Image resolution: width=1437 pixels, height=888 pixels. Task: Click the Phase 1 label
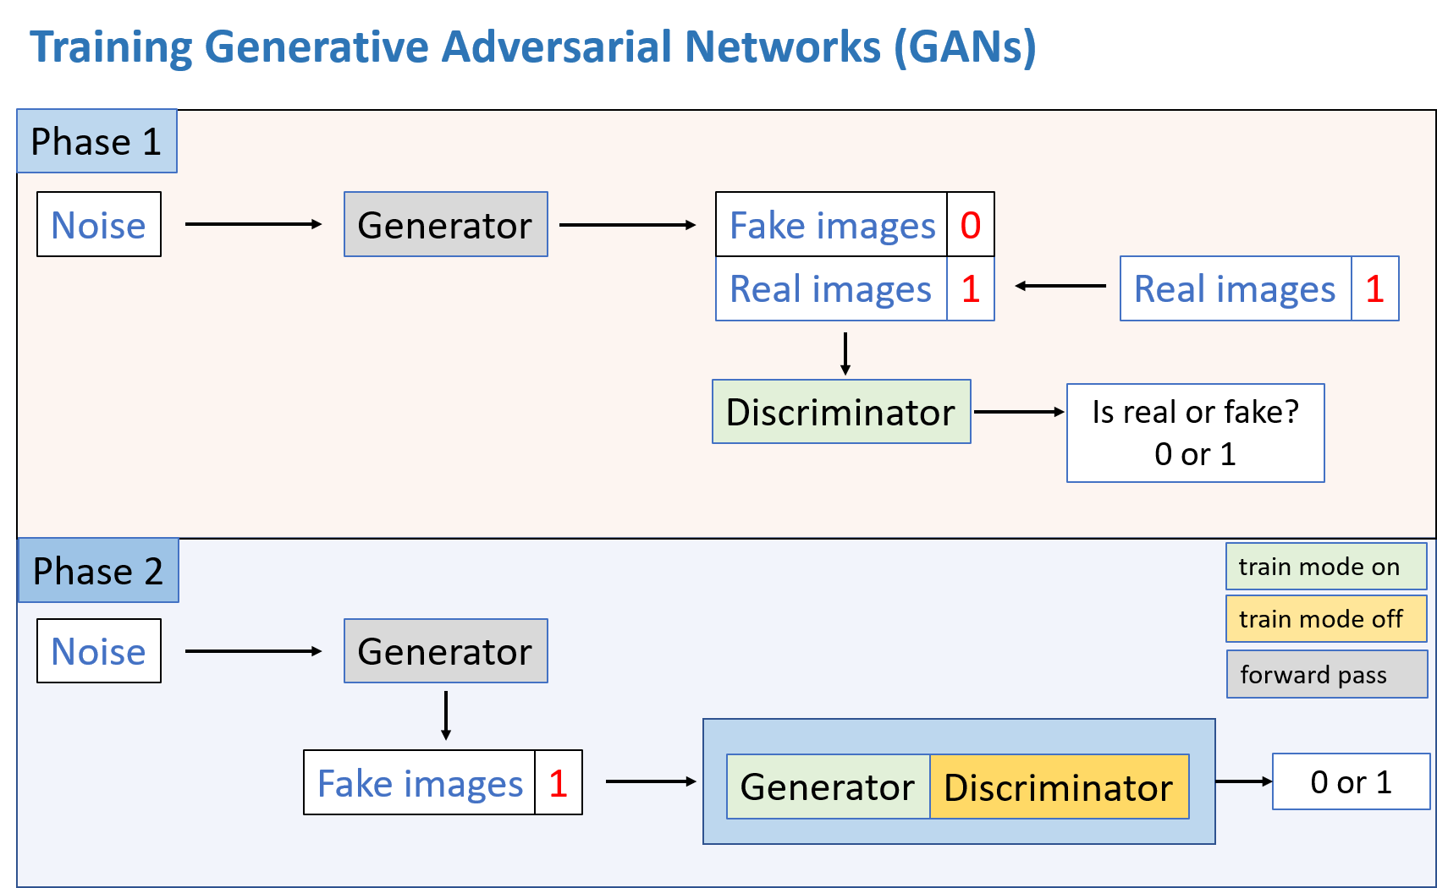[96, 141]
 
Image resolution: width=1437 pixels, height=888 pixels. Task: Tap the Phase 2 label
[98, 571]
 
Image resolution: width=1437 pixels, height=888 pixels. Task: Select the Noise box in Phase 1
[99, 225]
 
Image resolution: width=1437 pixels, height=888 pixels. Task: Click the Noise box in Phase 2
[99, 651]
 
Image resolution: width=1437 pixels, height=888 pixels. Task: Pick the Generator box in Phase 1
[445, 225]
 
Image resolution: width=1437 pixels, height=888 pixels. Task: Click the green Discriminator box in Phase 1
[840, 412]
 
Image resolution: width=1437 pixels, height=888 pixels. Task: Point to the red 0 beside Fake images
[970, 225]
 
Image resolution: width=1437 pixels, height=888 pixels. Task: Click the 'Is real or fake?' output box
[1195, 433]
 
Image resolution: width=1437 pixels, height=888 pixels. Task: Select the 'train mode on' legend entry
[1325, 567]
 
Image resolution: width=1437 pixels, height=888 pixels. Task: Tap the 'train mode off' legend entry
[1325, 619]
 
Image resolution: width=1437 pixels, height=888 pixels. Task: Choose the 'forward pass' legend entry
[1326, 674]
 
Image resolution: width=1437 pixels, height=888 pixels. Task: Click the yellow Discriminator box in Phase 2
[1059, 787]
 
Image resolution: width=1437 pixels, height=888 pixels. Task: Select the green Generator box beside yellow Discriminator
[828, 787]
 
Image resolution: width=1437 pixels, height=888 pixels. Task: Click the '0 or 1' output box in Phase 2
[1351, 782]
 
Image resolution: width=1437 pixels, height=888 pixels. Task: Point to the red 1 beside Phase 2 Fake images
[558, 783]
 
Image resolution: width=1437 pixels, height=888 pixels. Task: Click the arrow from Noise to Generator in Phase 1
[253, 224]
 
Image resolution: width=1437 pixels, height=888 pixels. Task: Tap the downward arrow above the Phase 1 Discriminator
[845, 354]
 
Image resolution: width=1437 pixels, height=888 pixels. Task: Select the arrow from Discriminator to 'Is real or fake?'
[1019, 412]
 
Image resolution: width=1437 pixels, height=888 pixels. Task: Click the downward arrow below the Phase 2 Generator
[446, 715]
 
